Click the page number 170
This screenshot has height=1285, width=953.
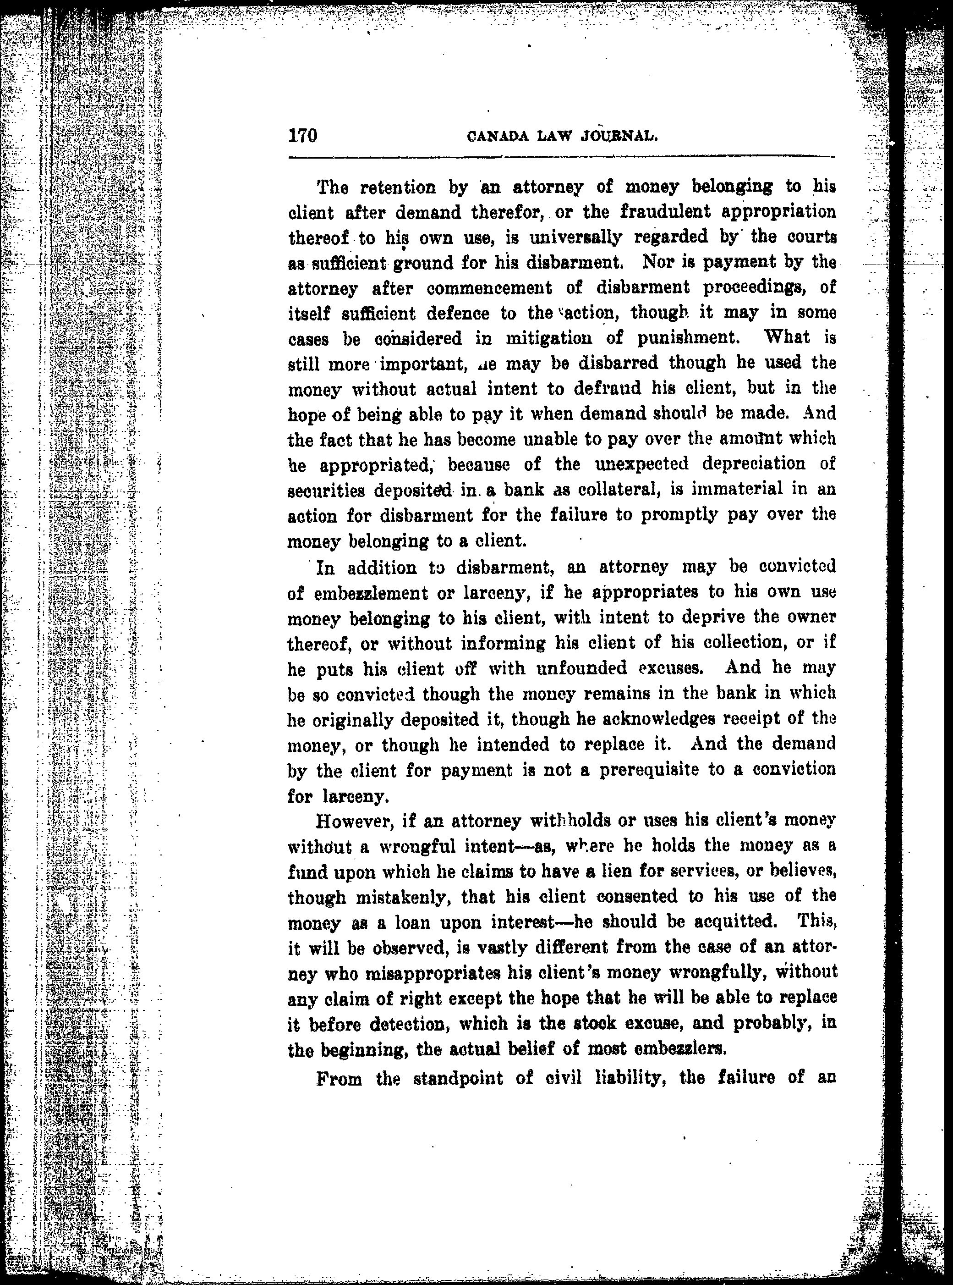[303, 136]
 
